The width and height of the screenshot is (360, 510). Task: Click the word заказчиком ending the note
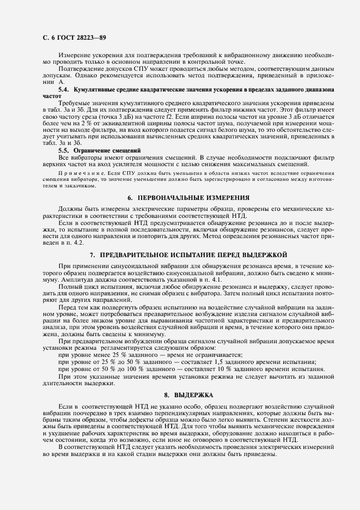coord(66,185)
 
